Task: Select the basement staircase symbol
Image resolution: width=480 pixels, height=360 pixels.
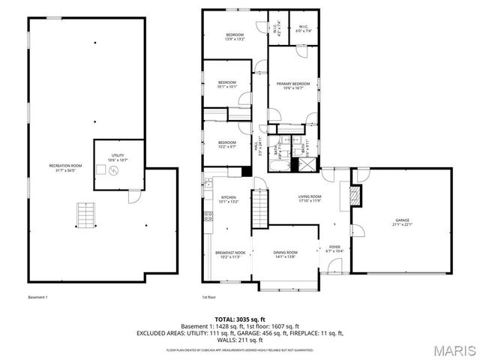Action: (x=87, y=216)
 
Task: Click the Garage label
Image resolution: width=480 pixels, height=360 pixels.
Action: (x=403, y=222)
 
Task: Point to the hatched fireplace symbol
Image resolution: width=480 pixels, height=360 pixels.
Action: (x=355, y=196)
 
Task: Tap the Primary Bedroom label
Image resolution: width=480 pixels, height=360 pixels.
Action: (x=292, y=85)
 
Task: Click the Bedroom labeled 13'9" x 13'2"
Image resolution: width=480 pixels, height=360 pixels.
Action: (x=235, y=37)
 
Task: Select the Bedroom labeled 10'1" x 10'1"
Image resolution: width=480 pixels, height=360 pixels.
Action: (x=227, y=84)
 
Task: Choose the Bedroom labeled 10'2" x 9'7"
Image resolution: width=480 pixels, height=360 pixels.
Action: (x=227, y=144)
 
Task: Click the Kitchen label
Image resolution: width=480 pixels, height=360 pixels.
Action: (x=227, y=200)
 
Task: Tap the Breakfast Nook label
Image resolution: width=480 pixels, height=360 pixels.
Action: (x=228, y=255)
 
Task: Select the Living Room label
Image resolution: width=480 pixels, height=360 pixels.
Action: (x=310, y=199)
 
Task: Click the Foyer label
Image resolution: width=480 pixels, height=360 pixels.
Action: (x=335, y=248)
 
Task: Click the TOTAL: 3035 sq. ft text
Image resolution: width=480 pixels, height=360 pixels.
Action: (x=239, y=320)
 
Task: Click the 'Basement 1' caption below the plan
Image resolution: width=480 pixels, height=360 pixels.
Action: (x=37, y=298)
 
